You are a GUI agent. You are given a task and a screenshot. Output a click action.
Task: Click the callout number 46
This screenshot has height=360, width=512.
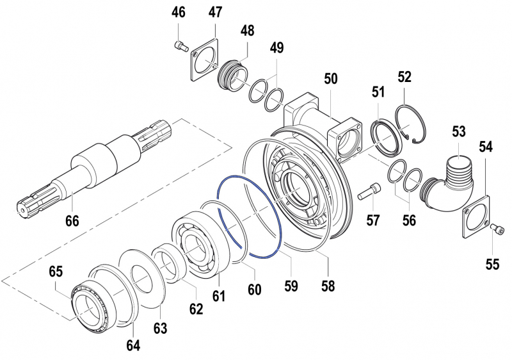179,12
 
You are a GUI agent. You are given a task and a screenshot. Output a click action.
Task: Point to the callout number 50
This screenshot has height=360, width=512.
330,79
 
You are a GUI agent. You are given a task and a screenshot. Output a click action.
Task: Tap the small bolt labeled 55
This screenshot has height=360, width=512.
497,229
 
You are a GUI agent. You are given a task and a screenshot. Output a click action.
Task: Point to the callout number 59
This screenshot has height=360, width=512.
292,287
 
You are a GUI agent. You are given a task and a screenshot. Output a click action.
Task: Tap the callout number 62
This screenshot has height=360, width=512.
195,309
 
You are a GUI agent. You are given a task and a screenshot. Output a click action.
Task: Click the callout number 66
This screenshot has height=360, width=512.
72,221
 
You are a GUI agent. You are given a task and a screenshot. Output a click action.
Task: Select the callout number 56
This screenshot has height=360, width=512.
408,220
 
